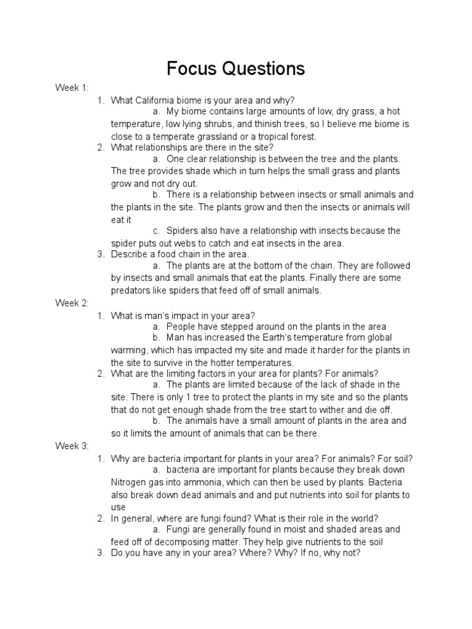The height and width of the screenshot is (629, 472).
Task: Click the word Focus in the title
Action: [x=191, y=69]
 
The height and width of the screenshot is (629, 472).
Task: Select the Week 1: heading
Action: [x=73, y=88]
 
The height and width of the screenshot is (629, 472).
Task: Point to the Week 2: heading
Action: [x=73, y=303]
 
